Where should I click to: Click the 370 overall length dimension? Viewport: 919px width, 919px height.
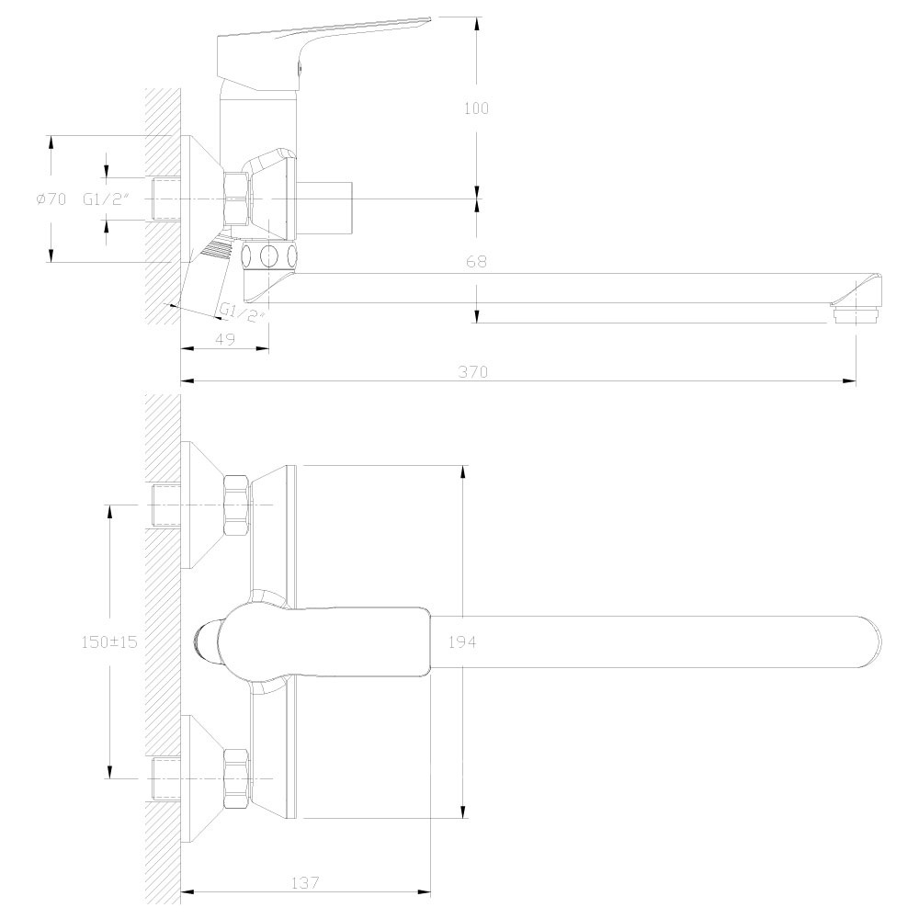pyautogui.click(x=473, y=371)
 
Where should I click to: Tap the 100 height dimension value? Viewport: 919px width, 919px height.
pyautogui.click(x=476, y=108)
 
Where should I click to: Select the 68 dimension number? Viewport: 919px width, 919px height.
pyautogui.click(x=476, y=261)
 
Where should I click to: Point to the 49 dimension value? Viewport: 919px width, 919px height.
pyautogui.click(x=225, y=339)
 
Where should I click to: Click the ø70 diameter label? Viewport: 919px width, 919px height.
pyautogui.click(x=51, y=199)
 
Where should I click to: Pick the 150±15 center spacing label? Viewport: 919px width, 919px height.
pyautogui.click(x=109, y=641)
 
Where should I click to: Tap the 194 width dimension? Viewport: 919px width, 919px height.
pyautogui.click(x=462, y=641)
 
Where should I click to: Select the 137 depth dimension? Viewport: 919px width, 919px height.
pyautogui.click(x=305, y=882)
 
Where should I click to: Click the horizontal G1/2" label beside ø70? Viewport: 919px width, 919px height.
pyautogui.click(x=106, y=199)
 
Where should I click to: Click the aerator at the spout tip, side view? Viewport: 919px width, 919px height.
pyautogui.click(x=856, y=316)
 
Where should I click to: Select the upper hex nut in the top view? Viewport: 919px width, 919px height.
pyautogui.click(x=237, y=505)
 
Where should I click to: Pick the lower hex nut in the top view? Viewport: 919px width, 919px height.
pyautogui.click(x=237, y=779)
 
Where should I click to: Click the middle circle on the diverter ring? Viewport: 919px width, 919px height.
pyautogui.click(x=269, y=255)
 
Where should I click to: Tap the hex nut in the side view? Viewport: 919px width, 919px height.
pyautogui.click(x=237, y=199)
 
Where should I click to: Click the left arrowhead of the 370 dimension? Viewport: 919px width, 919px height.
pyautogui.click(x=187, y=381)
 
